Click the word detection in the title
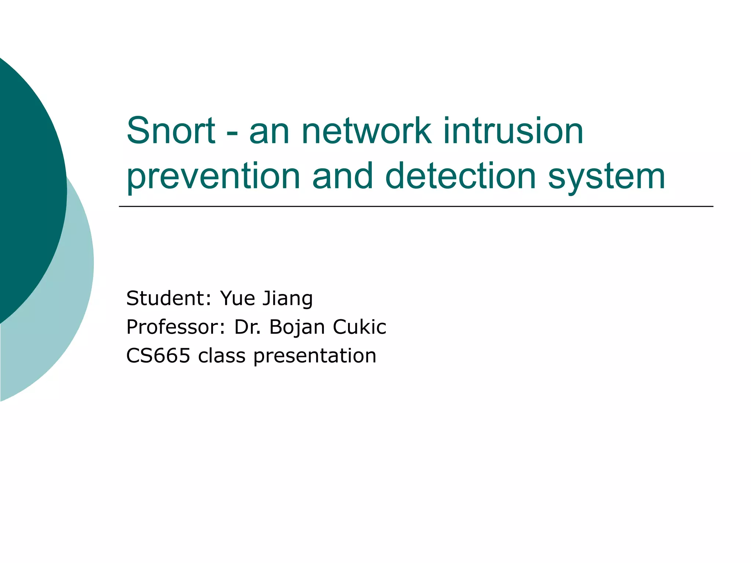click(461, 176)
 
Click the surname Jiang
click(287, 299)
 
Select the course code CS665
click(158, 356)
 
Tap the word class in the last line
click(221, 356)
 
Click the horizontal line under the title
click(416, 207)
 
